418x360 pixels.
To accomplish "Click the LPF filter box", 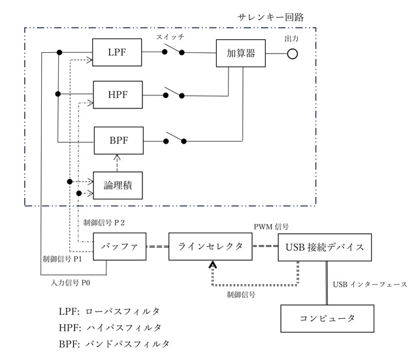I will [x=118, y=52].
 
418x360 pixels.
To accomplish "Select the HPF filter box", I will [x=118, y=95].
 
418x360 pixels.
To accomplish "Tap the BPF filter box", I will [x=118, y=139].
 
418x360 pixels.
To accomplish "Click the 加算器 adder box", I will [x=242, y=52].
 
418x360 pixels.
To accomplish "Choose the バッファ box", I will [x=118, y=248].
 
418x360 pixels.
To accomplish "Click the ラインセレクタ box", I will [x=210, y=248].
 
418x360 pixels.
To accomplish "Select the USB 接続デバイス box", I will [x=325, y=248].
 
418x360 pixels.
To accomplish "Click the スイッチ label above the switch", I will [x=171, y=38].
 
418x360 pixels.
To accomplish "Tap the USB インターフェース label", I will [x=370, y=284].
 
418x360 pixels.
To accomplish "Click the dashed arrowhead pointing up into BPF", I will [x=118, y=156].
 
